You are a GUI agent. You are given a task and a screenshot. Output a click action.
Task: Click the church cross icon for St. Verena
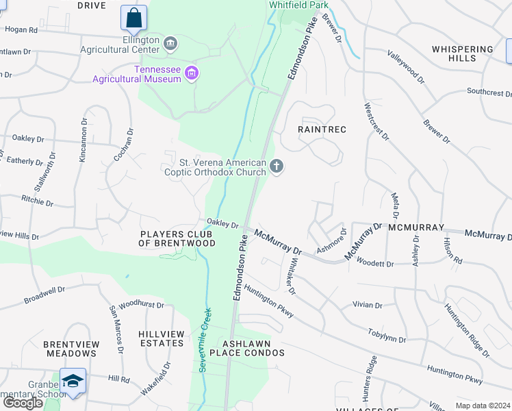point(277,166)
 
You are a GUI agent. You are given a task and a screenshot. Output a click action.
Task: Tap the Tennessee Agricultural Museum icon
point(192,73)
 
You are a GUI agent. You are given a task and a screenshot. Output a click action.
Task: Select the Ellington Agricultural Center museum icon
point(170,45)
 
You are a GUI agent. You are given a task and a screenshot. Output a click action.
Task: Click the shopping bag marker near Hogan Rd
point(134,18)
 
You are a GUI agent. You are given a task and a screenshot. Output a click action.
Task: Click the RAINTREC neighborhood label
point(322,129)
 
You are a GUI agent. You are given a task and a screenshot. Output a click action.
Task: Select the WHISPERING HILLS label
point(463,53)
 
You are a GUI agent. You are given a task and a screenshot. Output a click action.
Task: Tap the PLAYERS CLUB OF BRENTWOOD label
point(177,238)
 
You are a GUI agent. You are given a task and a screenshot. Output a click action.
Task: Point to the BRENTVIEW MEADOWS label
point(71,349)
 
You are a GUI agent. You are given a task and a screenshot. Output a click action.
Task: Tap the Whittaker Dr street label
point(290,276)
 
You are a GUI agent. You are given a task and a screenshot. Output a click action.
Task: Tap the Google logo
point(23,403)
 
